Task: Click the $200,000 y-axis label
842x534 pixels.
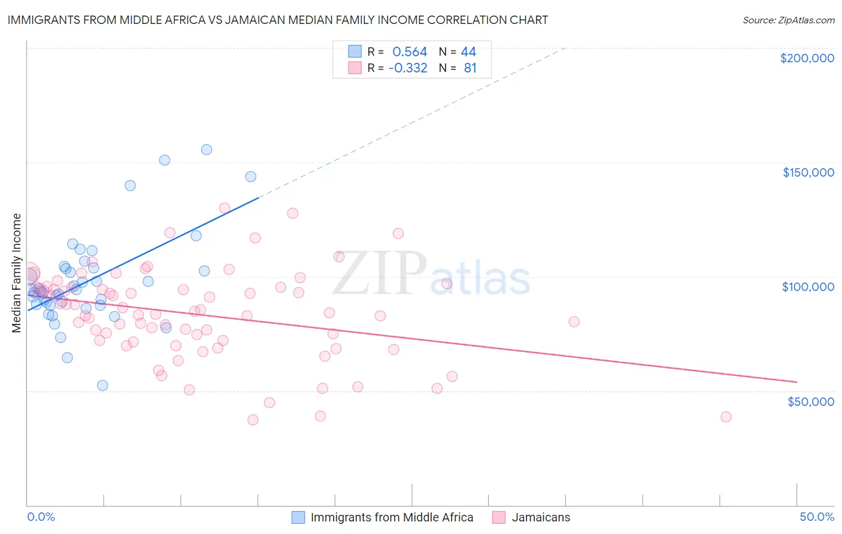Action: coord(807,58)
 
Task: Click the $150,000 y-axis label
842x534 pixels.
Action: coord(808,172)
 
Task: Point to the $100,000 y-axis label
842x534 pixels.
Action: coord(808,287)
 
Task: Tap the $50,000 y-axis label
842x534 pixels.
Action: coord(810,401)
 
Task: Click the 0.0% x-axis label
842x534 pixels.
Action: coord(41,517)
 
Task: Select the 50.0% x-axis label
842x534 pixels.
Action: coord(816,517)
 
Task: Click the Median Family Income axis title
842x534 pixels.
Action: coord(17,273)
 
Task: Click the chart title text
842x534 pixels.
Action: coord(277,20)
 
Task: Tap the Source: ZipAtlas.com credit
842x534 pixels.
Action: coord(788,20)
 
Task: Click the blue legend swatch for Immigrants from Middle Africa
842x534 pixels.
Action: coord(298,517)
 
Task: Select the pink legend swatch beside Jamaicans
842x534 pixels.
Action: coord(499,517)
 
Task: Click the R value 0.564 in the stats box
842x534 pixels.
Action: coord(410,51)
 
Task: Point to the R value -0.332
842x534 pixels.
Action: coord(408,68)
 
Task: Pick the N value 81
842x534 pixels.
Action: coord(470,68)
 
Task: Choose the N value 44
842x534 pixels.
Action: coord(468,51)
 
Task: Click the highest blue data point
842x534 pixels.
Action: coord(207,150)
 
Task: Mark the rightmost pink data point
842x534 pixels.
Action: coord(726,417)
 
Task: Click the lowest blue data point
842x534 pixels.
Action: coord(102,386)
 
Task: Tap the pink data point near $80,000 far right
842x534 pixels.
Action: coord(574,321)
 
